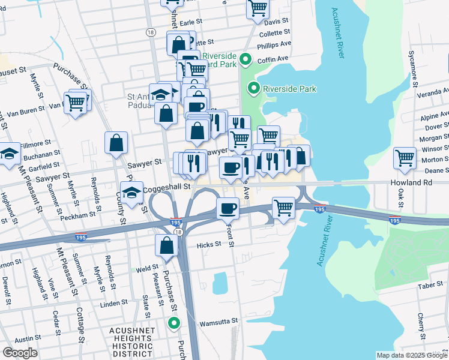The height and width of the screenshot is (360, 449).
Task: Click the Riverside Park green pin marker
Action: (x=253, y=89)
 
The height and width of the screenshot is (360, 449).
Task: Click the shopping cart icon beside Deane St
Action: (x=405, y=159)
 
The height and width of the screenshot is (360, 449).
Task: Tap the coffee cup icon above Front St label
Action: (x=227, y=208)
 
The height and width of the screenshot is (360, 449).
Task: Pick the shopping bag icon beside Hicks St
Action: (x=166, y=245)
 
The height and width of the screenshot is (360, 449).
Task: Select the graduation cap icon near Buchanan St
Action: (x=10, y=155)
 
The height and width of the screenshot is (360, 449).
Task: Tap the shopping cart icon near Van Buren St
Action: (x=76, y=103)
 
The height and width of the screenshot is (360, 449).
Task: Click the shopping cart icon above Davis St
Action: (x=258, y=8)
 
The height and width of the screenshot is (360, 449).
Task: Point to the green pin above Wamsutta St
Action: (x=174, y=324)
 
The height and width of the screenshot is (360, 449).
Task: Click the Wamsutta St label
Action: (x=218, y=321)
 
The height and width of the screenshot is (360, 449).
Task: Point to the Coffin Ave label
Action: (x=274, y=59)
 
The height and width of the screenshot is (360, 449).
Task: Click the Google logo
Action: (x=20, y=353)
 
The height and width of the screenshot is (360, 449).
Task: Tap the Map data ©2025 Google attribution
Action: (x=411, y=355)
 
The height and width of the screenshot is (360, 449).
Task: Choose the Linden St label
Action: (x=110, y=304)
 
